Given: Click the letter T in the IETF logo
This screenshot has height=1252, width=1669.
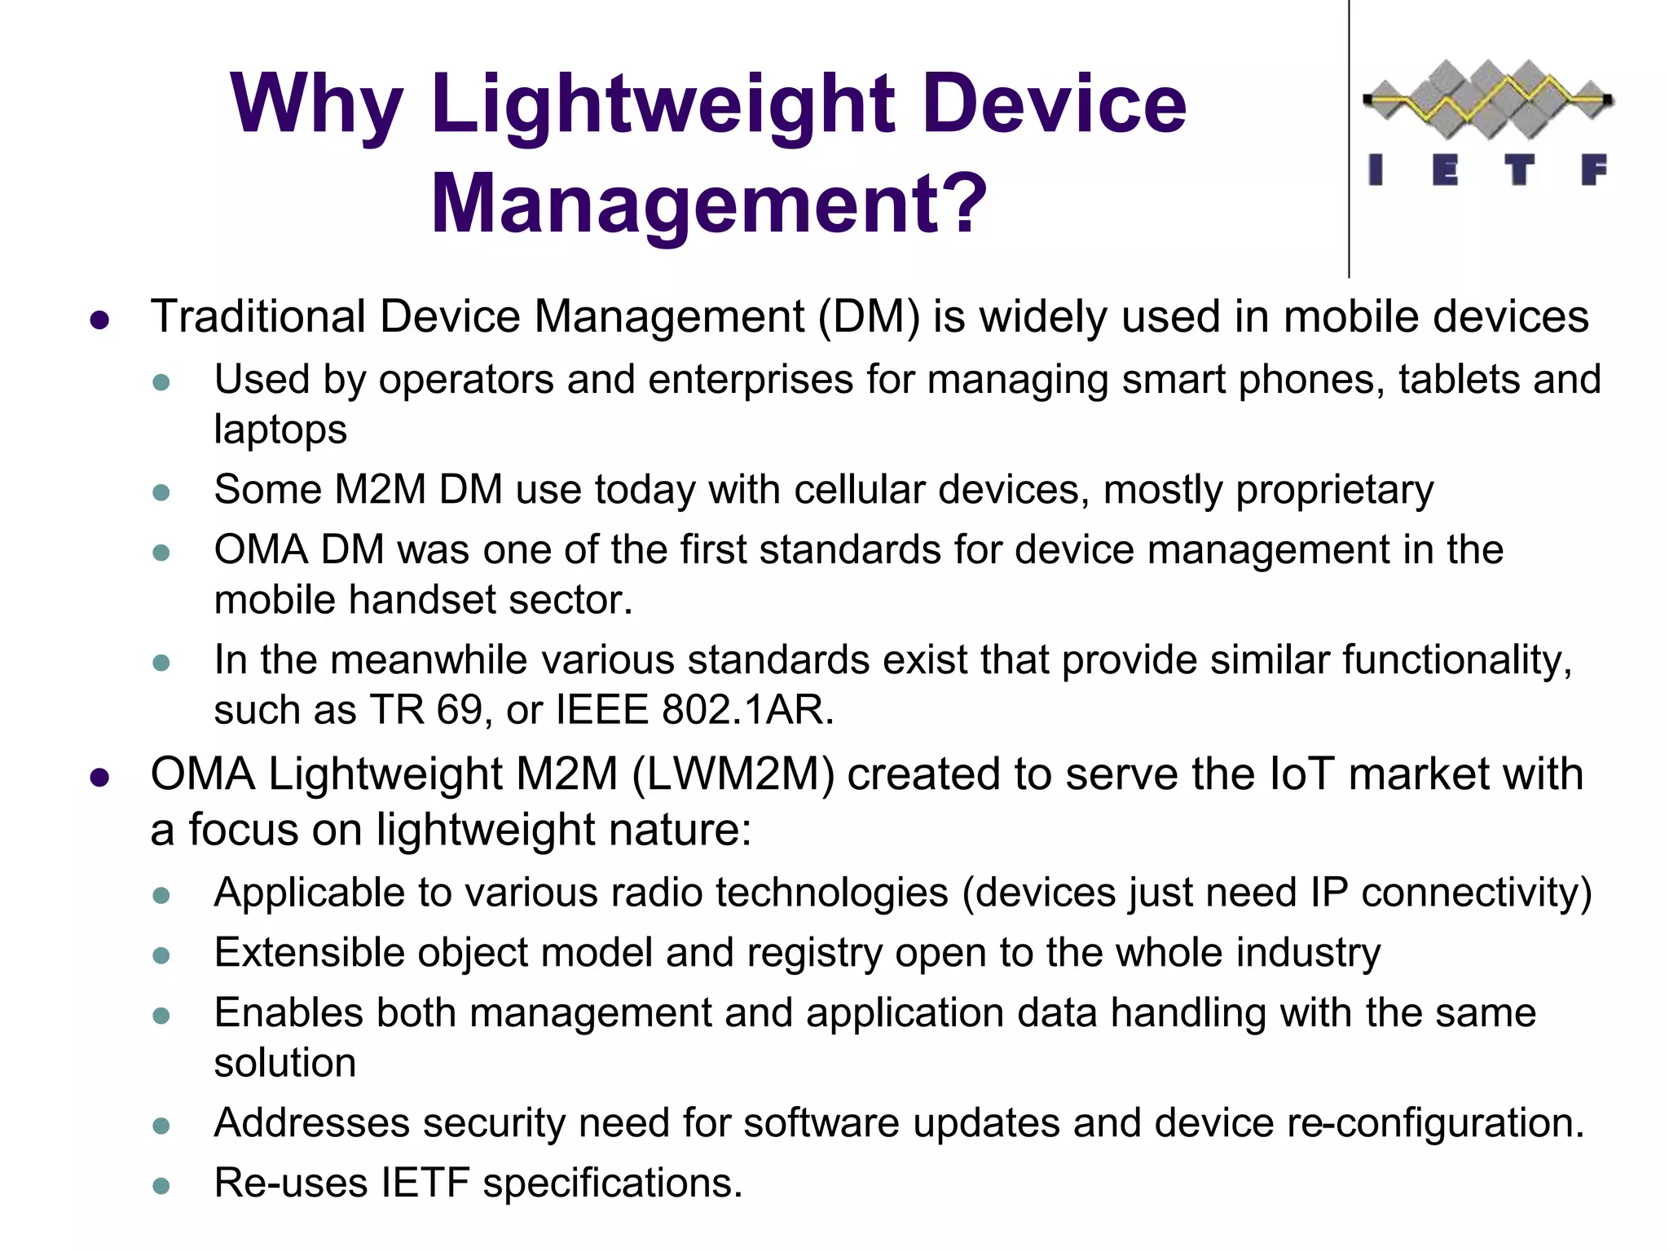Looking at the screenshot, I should coord(1518,170).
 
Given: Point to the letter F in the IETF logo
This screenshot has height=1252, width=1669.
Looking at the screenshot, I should coord(1593,170).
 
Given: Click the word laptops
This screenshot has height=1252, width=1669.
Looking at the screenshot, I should coord(280,430).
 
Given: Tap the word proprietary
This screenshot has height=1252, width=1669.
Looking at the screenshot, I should coord(1334,490).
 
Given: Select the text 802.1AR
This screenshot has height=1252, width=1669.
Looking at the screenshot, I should coord(747,709).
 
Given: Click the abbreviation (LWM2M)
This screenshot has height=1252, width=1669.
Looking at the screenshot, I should coord(733,774).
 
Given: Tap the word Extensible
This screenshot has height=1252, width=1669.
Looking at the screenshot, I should coord(309,952).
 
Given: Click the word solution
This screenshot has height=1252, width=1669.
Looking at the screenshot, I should coord(284,1063).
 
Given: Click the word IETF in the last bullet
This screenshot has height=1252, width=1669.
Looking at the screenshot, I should coord(425,1183).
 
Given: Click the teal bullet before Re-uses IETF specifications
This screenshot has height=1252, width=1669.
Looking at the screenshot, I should coord(161,1186).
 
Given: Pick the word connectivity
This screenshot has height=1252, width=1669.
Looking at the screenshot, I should coord(1476,893).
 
